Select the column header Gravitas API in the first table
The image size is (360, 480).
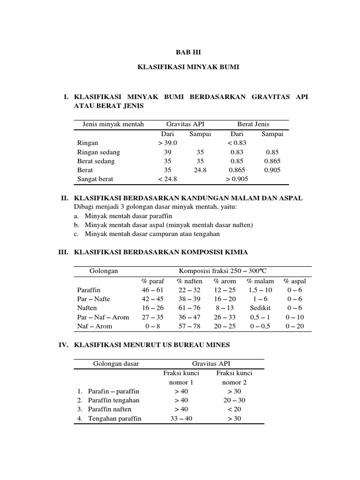coord(185,124)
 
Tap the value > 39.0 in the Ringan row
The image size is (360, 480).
coord(167,142)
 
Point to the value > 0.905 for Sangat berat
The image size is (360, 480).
coord(237,179)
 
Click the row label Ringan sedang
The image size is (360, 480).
coord(98,152)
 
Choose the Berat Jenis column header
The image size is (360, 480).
coord(254,124)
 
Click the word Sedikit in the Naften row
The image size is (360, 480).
coord(259,308)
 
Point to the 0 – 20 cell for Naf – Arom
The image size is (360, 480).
coord(294,326)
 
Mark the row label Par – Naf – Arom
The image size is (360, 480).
coord(103,317)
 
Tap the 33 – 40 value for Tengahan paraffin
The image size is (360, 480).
coord(181,418)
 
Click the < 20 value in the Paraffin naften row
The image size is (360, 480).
coord(233,409)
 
